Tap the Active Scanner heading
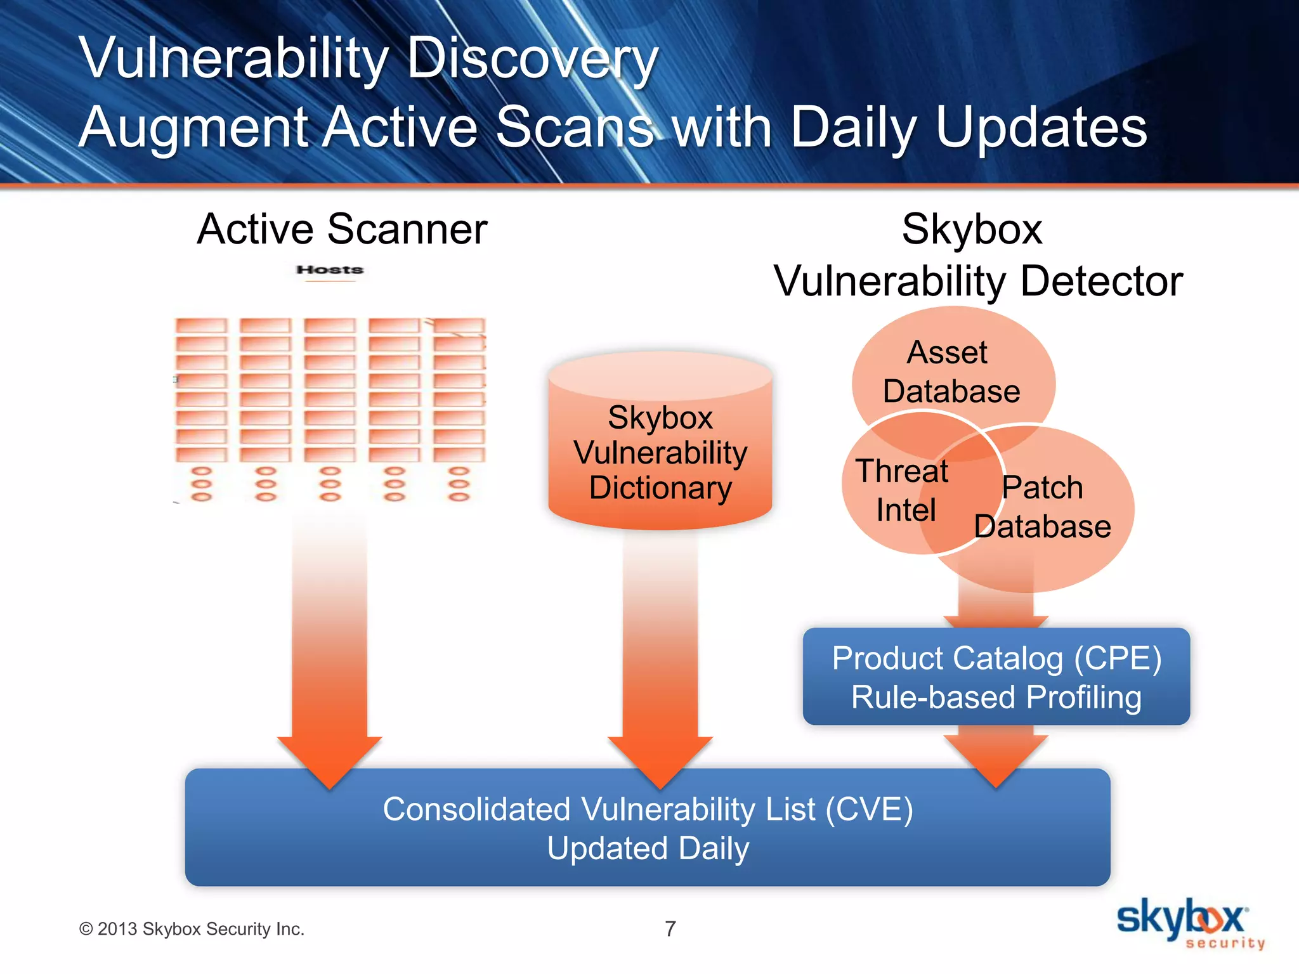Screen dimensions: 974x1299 pyautogui.click(x=342, y=229)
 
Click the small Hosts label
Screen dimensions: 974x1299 pyautogui.click(x=330, y=270)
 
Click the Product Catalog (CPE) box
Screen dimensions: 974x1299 pyautogui.click(x=996, y=677)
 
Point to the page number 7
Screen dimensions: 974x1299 pyautogui.click(x=670, y=928)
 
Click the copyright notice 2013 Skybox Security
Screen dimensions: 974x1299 pyautogui.click(x=192, y=929)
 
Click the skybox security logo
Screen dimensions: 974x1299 pyautogui.click(x=1189, y=923)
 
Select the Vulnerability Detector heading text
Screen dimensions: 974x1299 pyautogui.click(x=978, y=281)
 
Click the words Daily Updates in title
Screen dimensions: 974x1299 pyautogui.click(x=968, y=127)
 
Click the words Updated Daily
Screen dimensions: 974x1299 pyautogui.click(x=648, y=848)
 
